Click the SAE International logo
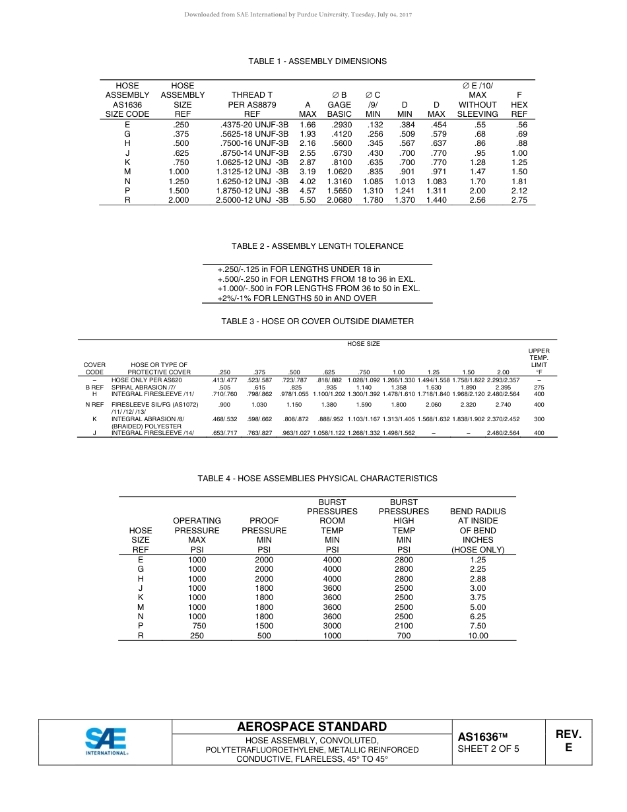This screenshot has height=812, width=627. pos(106,741)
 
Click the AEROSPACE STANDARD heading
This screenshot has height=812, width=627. pos(312,727)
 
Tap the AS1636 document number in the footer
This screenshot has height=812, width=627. pos(482,737)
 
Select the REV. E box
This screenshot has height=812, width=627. pos(568,741)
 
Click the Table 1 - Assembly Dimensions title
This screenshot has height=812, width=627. pos(317,61)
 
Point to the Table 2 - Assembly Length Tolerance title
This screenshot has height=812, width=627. pos(317,246)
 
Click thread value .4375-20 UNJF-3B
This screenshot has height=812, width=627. pos(254,124)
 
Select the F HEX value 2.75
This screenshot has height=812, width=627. pos(519,200)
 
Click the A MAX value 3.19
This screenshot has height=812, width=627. pos(308,172)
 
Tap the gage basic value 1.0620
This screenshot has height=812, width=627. pos(339,172)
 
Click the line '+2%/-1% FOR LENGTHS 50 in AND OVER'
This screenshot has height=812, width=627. pos(297,298)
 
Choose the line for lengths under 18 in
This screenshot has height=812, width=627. pos(298,269)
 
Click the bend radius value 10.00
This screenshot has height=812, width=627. pos(478,636)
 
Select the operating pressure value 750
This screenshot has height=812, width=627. pos(199,626)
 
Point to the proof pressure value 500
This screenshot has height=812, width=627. pos(264,636)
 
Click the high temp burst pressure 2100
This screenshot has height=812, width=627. pos(403,626)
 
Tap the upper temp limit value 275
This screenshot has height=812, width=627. pos(539,388)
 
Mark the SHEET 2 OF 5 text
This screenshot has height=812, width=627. pos(488,749)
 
